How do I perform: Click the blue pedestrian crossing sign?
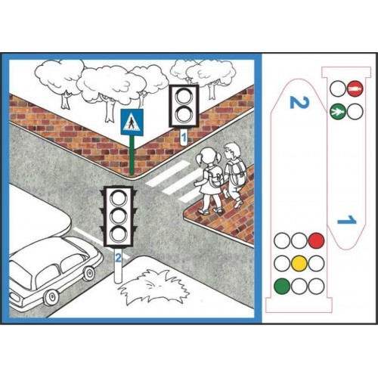pyautogui.click(x=132, y=122)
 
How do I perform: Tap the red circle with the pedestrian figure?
pyautogui.click(x=355, y=88)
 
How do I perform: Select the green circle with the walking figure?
pyautogui.click(x=338, y=111)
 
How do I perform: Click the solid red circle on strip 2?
pyautogui.click(x=316, y=240)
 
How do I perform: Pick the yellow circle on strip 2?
pyautogui.click(x=299, y=263)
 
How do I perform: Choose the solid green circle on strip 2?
pyautogui.click(x=282, y=286)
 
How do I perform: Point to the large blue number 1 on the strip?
pyautogui.click(x=347, y=220)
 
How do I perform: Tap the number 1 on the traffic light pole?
pyautogui.click(x=184, y=138)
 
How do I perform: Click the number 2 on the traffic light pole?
pyautogui.click(x=118, y=257)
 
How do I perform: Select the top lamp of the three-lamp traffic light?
pyautogui.click(x=118, y=197)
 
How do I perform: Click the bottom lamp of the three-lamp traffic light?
pyautogui.click(x=118, y=234)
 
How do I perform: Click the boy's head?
pyautogui.click(x=232, y=150)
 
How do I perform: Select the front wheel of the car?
pyautogui.click(x=88, y=274)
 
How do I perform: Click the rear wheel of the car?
pyautogui.click(x=51, y=297)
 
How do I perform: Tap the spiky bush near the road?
pyautogui.click(x=153, y=286)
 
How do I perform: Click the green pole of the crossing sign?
pyautogui.click(x=131, y=155)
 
